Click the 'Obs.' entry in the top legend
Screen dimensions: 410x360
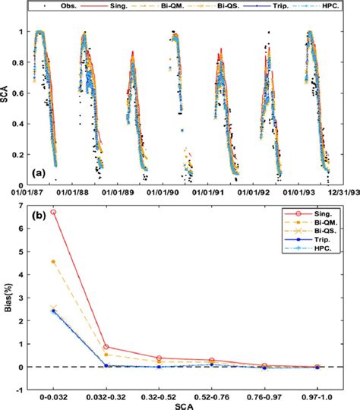click(66, 6)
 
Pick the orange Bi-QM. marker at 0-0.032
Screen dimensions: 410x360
click(54, 261)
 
